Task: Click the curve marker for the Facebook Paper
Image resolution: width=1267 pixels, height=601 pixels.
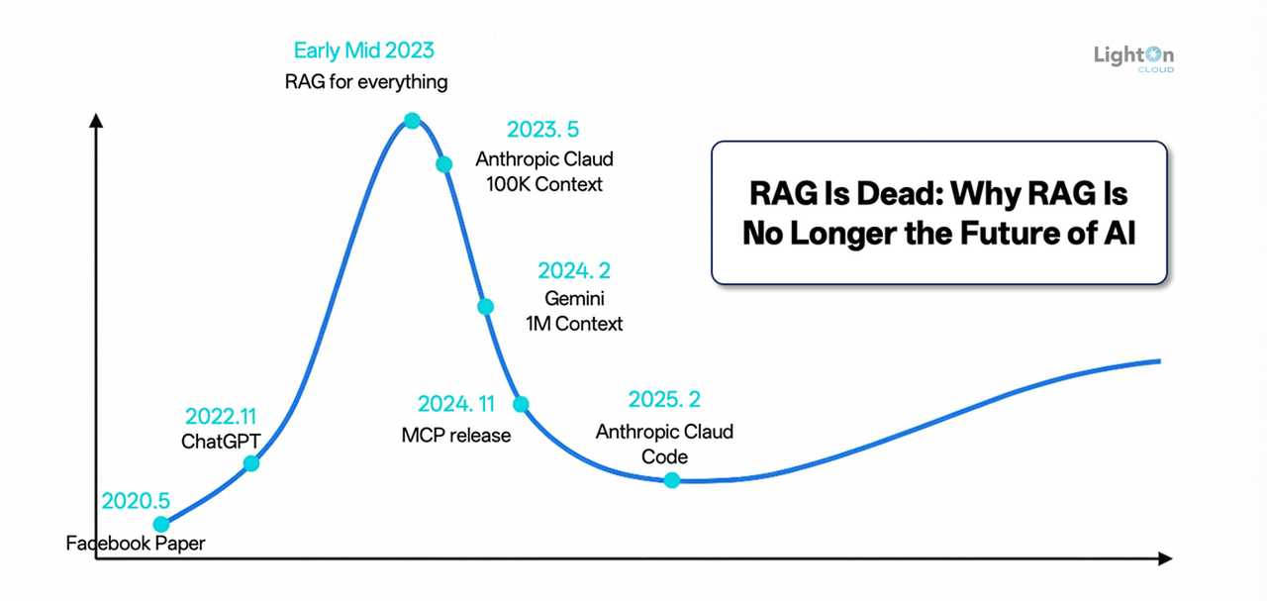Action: pyautogui.click(x=161, y=524)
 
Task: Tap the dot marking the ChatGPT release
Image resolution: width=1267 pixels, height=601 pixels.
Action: pyautogui.click(x=251, y=462)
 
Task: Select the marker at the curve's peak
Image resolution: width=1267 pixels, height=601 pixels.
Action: pyautogui.click(x=412, y=121)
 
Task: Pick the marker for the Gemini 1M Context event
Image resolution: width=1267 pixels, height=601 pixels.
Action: pyautogui.click(x=485, y=306)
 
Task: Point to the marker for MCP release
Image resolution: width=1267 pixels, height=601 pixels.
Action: pyautogui.click(x=521, y=404)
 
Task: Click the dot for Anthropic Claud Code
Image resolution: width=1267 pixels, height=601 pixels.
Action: pyautogui.click(x=672, y=480)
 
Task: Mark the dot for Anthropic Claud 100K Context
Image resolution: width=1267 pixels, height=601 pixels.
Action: pyautogui.click(x=444, y=163)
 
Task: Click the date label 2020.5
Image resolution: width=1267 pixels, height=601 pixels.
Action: pyautogui.click(x=137, y=501)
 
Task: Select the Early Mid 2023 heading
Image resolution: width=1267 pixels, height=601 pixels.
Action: pyautogui.click(x=364, y=50)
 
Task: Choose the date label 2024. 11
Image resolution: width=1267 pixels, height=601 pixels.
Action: pyautogui.click(x=456, y=404)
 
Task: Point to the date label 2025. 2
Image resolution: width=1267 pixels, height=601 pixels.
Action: pyautogui.click(x=664, y=400)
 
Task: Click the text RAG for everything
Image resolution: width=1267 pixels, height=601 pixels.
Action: pyautogui.click(x=366, y=81)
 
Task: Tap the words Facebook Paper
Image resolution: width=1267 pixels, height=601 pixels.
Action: pyautogui.click(x=136, y=544)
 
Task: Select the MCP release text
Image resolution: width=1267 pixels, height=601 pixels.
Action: pyautogui.click(x=456, y=435)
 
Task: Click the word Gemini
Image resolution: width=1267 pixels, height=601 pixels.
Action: pyautogui.click(x=574, y=298)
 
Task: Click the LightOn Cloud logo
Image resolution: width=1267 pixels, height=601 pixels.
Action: pyautogui.click(x=1133, y=58)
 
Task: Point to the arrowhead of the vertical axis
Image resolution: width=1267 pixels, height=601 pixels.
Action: pyautogui.click(x=96, y=121)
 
